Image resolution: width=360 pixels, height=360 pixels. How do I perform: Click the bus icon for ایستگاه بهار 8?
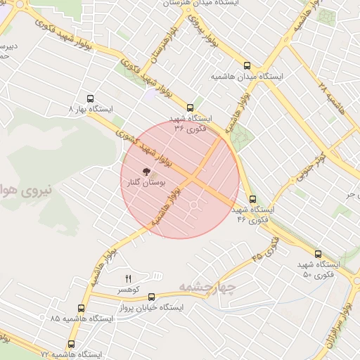89,99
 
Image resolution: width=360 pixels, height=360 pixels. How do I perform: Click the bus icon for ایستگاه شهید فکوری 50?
318,255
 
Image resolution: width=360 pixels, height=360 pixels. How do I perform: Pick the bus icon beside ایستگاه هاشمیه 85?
81,308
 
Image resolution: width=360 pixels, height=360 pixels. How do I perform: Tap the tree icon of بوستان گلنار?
146,172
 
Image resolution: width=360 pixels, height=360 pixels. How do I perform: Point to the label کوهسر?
129,290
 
